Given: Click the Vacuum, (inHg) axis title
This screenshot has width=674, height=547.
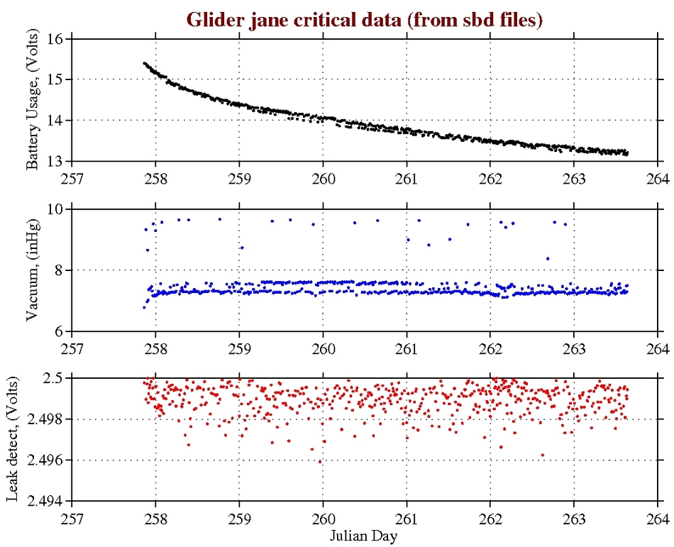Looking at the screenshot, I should (x=33, y=270).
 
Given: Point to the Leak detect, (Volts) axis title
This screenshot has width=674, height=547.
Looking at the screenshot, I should (x=13, y=439).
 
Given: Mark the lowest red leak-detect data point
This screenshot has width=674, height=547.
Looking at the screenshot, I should (x=319, y=462).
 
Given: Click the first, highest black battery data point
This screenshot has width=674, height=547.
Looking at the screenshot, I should (x=144, y=63).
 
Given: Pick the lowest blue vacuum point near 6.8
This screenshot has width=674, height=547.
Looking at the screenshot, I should (x=144, y=307).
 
